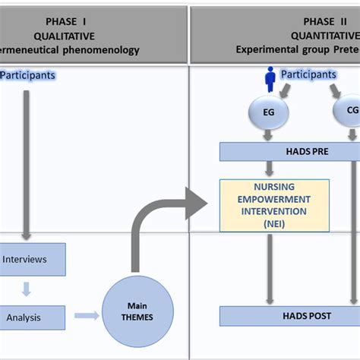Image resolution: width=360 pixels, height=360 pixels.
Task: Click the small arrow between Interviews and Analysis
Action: pos(26,288)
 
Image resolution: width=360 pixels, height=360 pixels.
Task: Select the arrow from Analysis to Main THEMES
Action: pos(86,315)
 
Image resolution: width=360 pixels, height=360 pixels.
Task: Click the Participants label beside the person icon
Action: pos(308,74)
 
